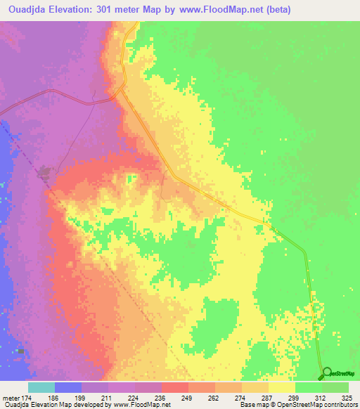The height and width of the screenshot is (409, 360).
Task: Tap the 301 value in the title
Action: pos(100,10)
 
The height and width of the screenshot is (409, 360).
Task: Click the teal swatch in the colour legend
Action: pos(41,387)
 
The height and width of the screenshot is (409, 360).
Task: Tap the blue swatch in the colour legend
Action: pos(68,387)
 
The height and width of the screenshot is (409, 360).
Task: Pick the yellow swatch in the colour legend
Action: pos(281,387)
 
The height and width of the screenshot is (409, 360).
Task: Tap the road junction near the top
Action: pos(121,88)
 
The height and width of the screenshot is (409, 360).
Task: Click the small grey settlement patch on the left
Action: pos(46,171)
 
